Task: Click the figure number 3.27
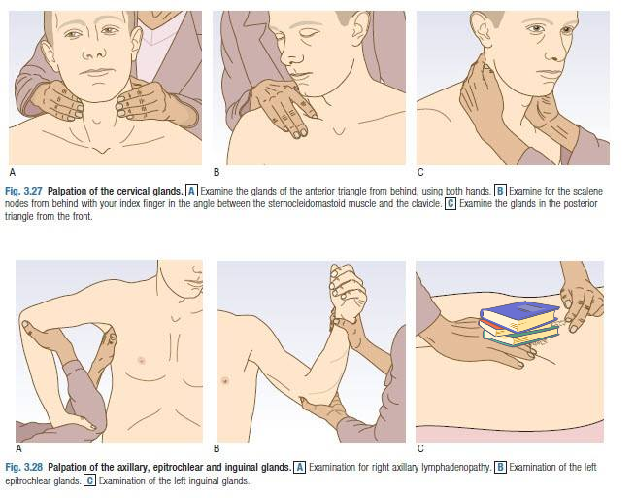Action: tap(34, 191)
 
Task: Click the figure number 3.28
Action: tap(34, 467)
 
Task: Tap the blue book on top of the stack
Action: tap(519, 315)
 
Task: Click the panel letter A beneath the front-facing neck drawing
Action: tap(13, 172)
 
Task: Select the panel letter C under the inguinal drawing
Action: tap(420, 448)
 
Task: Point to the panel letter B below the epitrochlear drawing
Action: tap(217, 448)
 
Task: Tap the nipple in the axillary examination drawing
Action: tap(142, 360)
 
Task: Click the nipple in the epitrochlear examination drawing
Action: tap(225, 381)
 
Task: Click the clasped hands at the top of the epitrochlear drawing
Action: tap(348, 289)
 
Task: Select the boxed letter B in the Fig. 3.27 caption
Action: tap(501, 191)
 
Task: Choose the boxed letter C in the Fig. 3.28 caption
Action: tap(89, 480)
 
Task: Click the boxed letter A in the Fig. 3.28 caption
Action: tap(300, 467)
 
